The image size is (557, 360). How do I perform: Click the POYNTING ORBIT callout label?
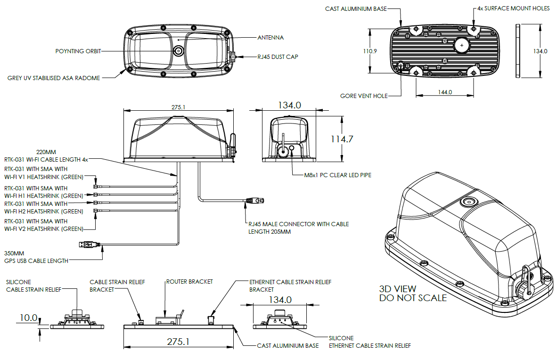pyautogui.click(x=78, y=51)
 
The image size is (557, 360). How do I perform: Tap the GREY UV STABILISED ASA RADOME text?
pyautogui.click(x=54, y=78)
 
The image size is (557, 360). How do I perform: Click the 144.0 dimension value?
pyautogui.click(x=444, y=92)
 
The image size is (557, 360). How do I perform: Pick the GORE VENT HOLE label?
pyautogui.click(x=364, y=96)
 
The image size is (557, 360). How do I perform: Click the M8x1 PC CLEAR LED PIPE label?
pyautogui.click(x=337, y=175)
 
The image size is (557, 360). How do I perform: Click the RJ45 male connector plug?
pyautogui.click(x=254, y=202)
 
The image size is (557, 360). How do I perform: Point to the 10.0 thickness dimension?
pyautogui.click(x=28, y=318)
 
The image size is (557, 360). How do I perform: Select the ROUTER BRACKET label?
pyautogui.click(x=189, y=282)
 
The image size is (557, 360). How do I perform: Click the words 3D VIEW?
pyautogui.click(x=398, y=288)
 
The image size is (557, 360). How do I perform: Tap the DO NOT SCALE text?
pyautogui.click(x=413, y=298)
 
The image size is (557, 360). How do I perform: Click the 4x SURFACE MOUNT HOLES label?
pyautogui.click(x=513, y=8)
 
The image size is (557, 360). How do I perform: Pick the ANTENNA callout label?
pyautogui.click(x=270, y=37)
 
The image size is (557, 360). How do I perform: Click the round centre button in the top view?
pyautogui.click(x=179, y=51)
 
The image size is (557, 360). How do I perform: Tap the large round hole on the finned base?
pyautogui.click(x=462, y=45)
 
